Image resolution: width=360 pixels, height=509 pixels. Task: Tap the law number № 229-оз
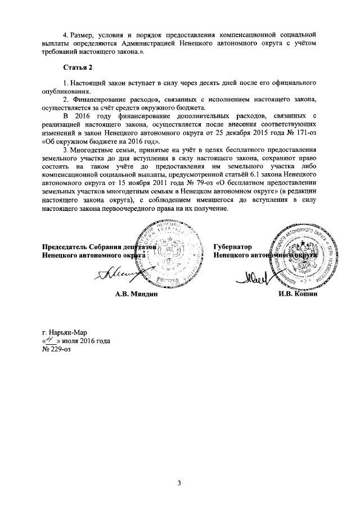coord(57,350)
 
